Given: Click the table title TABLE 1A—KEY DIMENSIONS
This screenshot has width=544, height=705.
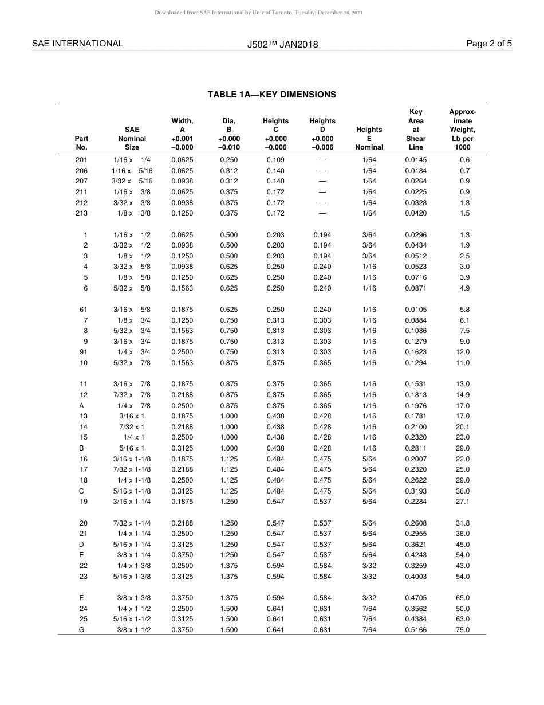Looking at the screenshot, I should (271, 95).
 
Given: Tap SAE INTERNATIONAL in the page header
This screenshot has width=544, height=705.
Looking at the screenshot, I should (77, 44).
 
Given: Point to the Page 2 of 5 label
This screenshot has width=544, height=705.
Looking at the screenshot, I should (489, 44).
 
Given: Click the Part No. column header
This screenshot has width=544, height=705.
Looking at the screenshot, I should (82, 143).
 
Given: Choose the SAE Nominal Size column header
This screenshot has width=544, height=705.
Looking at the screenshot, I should (132, 138).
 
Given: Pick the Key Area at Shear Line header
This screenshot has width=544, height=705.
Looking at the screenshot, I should (416, 130).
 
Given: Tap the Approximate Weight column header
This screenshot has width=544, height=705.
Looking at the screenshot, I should (462, 130).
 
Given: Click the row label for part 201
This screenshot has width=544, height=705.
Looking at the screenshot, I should (82, 160).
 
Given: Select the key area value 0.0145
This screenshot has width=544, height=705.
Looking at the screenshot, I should (416, 160).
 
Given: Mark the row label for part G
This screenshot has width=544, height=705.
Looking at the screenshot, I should (82, 630).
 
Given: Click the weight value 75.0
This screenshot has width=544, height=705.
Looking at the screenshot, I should (463, 630).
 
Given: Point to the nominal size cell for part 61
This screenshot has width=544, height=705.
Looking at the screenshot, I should (132, 310).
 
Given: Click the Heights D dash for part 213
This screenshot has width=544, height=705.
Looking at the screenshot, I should (322, 213).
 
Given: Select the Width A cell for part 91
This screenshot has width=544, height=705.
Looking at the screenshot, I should (182, 352).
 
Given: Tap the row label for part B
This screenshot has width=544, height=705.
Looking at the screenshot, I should (82, 448).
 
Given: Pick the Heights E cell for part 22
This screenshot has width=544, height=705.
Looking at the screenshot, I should (369, 566).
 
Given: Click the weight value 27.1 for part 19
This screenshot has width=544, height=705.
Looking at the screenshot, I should (463, 502).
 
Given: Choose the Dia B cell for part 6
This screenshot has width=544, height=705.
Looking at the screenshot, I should (229, 288).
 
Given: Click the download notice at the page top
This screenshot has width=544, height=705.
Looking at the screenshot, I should (259, 12).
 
